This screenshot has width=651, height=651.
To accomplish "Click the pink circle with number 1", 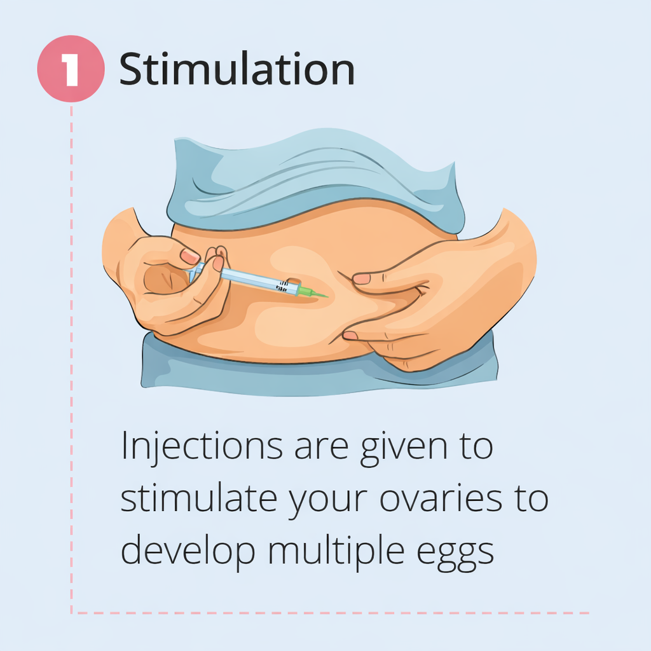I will pos(71,69).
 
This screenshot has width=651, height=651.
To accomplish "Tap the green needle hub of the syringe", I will pos(306,292).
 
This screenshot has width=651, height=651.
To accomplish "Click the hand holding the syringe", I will pos(168,286).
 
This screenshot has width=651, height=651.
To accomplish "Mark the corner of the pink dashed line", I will pos(71,613).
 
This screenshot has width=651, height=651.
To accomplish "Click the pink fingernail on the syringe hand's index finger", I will pos(190,256).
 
